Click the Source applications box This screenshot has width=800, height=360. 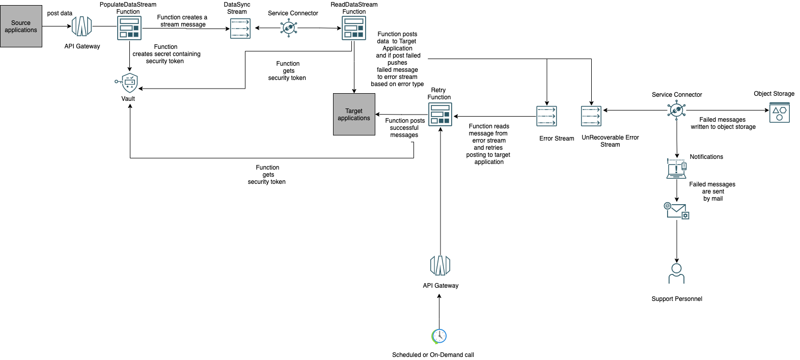pos(21,26)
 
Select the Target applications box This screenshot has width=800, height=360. pos(354,114)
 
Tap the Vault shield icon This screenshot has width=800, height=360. pos(129,82)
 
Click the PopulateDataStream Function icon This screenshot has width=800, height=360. pos(129,27)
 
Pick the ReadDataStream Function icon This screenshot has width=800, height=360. pos(354,27)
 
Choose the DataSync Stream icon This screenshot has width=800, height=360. pos(240,29)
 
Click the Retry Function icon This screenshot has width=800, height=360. pos(440,114)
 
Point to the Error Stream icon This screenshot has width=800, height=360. pos(546,116)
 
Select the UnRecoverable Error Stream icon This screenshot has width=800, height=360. pos(591,116)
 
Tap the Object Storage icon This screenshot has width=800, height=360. pos(779,113)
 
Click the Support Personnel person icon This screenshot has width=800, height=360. pos(676,273)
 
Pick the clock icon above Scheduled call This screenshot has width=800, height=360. pos(439,336)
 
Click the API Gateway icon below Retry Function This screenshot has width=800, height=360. pos(440,266)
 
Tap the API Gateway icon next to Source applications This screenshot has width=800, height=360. pos(81,26)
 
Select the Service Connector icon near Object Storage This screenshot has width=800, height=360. pos(676,109)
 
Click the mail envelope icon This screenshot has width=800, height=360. pos(677,210)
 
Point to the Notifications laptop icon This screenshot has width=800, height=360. pos(676,169)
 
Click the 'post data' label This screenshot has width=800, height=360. pos(60,13)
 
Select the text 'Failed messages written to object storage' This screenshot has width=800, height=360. pos(723,123)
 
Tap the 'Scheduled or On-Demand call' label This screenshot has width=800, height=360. pos(433,355)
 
